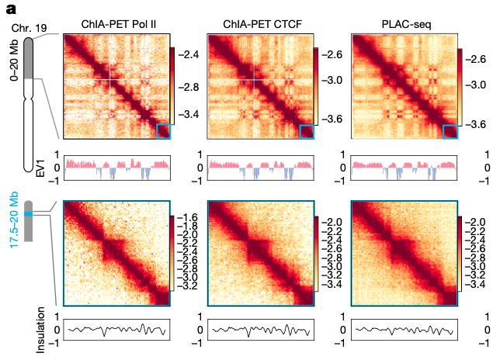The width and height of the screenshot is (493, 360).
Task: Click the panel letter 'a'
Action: (11, 10)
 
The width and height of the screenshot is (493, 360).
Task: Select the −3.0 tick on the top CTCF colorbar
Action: (332, 81)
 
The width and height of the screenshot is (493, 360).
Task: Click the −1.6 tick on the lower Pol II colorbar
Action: (189, 218)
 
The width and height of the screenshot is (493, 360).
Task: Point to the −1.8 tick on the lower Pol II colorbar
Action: (189, 229)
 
